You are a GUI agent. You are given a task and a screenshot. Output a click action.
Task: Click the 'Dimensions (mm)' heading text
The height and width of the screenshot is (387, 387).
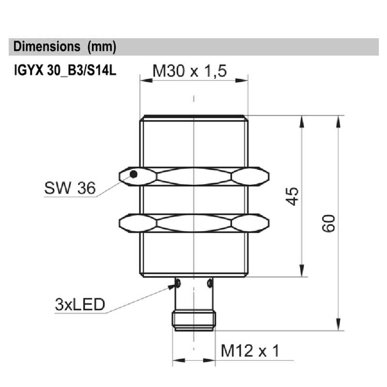(65, 47)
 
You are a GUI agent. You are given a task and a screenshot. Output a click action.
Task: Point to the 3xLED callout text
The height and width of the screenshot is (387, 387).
(80, 304)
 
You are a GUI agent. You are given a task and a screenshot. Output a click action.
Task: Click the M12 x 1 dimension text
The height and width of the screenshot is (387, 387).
(250, 351)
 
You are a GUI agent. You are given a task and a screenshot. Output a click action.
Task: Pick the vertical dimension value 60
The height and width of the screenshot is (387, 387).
(329, 223)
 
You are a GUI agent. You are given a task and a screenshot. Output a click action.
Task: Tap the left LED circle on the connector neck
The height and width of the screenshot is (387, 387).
(178, 282)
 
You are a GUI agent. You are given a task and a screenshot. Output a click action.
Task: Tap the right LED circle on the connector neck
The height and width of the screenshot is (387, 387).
(209, 282)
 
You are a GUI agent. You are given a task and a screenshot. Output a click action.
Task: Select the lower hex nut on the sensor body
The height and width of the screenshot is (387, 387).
(193, 223)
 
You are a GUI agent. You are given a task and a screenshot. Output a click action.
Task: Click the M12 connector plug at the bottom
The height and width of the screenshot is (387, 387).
(193, 321)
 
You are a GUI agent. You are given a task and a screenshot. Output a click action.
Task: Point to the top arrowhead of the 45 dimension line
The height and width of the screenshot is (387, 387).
(302, 120)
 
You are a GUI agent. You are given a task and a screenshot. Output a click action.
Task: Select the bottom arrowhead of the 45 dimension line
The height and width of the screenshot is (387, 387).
(302, 272)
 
